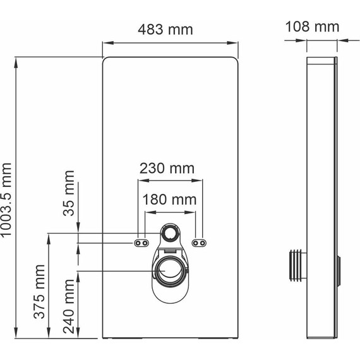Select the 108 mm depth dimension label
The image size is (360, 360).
coord(312,27)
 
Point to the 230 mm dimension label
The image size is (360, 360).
coord(167,169)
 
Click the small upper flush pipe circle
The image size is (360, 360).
coord(169,234)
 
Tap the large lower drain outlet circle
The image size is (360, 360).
coord(169,272)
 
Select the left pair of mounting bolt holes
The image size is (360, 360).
coord(141,243)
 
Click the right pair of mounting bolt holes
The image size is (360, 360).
coord(198,243)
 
